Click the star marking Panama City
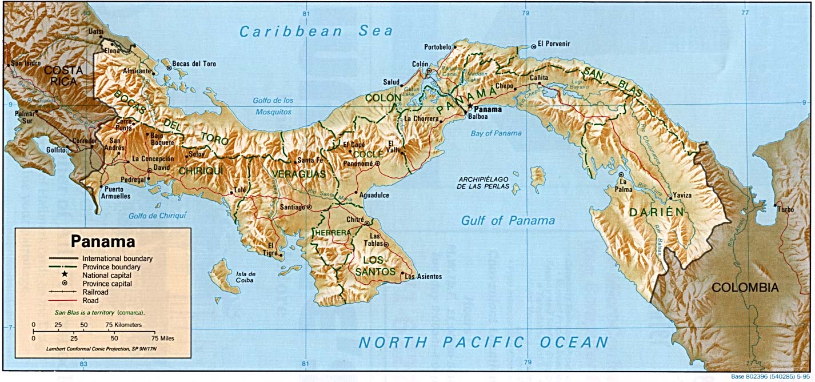(470, 106)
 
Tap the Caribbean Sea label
(316, 31)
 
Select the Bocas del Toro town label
(195, 64)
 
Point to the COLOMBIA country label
(745, 287)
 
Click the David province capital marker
(150, 170)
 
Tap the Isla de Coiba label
(245, 277)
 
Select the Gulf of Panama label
(508, 221)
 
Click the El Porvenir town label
(554, 44)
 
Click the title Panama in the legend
(103, 241)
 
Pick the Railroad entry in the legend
(96, 292)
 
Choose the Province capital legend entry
(107, 283)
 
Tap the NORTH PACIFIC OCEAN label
(483, 343)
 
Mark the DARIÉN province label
(656, 212)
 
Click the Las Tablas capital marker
(386, 245)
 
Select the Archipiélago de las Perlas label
(484, 182)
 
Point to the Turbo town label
(785, 210)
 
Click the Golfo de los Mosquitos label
(273, 106)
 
